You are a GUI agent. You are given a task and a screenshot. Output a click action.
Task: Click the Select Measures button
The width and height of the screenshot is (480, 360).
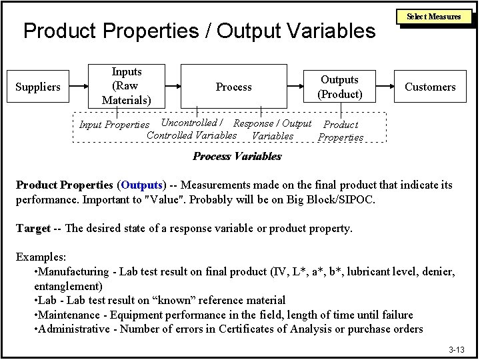click(x=434, y=17)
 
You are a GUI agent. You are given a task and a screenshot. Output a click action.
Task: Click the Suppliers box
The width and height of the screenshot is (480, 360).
click(x=37, y=87)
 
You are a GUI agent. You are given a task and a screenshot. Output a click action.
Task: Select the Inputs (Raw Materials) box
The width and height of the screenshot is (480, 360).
click(x=127, y=86)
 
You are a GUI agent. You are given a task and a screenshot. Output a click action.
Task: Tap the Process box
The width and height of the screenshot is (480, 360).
click(x=233, y=87)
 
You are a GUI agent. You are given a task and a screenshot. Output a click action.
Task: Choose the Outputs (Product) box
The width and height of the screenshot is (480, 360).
click(x=339, y=87)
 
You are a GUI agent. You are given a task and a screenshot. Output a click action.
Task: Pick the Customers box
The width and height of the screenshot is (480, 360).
click(x=430, y=87)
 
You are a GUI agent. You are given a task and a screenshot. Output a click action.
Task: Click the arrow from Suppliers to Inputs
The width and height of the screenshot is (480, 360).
click(x=79, y=87)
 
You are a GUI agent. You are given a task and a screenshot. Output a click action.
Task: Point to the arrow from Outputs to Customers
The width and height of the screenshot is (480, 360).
click(x=385, y=87)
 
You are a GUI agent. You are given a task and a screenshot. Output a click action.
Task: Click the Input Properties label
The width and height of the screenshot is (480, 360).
click(x=114, y=125)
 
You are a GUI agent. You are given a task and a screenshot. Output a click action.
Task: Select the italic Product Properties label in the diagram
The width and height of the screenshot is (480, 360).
click(x=341, y=131)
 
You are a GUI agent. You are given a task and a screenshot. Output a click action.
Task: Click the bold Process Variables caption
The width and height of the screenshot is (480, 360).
click(x=237, y=156)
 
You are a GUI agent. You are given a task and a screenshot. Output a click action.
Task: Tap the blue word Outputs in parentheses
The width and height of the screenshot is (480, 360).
click(x=141, y=185)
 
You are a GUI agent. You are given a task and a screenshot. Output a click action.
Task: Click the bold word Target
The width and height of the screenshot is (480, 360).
click(x=33, y=228)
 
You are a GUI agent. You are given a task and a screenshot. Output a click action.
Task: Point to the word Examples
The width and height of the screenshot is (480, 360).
click(x=41, y=257)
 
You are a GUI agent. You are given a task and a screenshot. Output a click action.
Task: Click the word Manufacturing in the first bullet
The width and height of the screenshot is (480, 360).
click(x=73, y=271)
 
